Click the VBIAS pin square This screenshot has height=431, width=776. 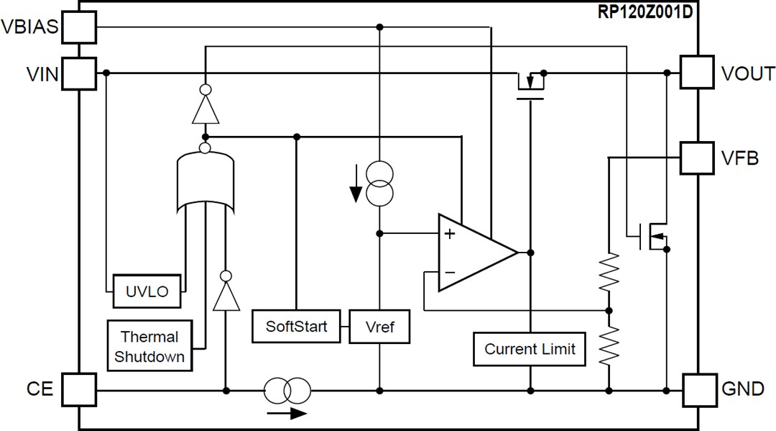click(x=78, y=27)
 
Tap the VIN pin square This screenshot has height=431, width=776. click(x=78, y=73)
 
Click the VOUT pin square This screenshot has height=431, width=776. click(x=697, y=73)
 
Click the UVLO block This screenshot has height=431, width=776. click(x=147, y=291)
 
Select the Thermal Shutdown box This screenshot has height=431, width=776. click(x=149, y=346)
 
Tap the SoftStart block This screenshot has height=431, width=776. click(x=296, y=326)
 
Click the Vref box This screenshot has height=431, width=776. click(x=381, y=327)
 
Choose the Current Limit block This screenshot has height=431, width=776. click(x=530, y=350)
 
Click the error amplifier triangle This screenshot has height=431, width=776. click(x=471, y=253)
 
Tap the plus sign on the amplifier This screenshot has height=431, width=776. click(x=450, y=233)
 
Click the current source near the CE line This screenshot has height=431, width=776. click(x=287, y=391)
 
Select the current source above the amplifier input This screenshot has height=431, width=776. click(x=379, y=184)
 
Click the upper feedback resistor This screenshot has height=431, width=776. click(x=609, y=271)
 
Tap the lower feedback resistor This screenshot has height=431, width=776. click(x=609, y=344)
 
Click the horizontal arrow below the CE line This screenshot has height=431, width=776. click(x=286, y=413)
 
